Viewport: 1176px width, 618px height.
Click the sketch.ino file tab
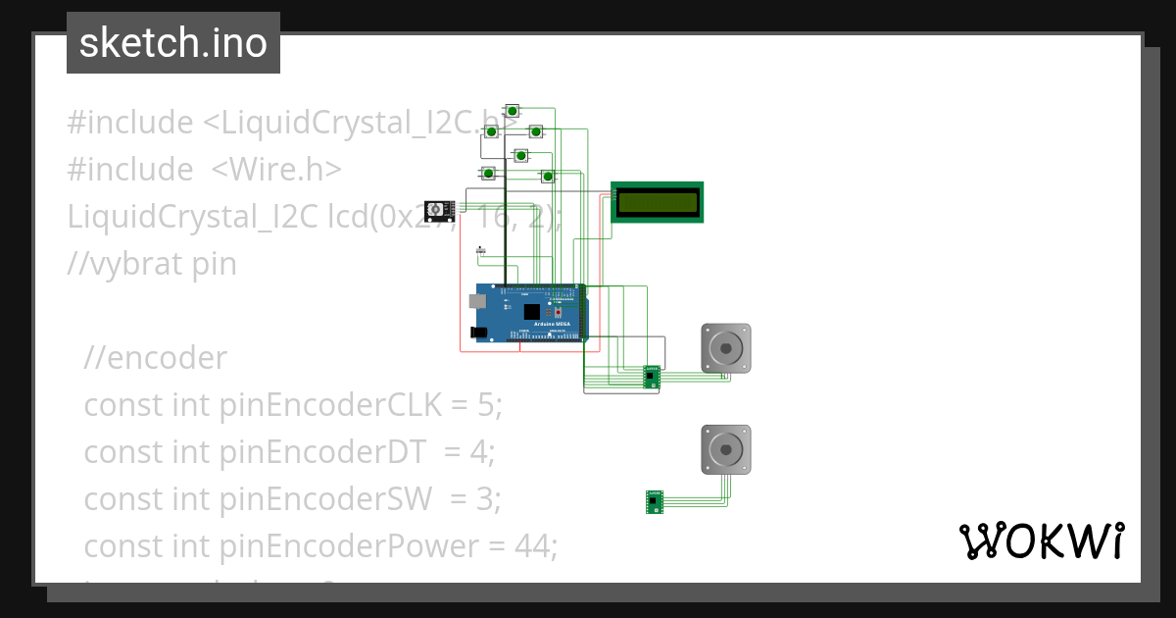(173, 43)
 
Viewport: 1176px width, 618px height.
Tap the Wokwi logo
(1040, 541)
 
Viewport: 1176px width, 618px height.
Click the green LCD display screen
(657, 202)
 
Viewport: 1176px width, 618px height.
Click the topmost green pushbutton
(512, 110)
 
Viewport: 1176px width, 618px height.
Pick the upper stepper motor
(726, 347)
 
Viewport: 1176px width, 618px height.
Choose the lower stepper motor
(726, 449)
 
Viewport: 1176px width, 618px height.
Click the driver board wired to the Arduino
(652, 376)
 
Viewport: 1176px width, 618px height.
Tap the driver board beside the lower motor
(655, 501)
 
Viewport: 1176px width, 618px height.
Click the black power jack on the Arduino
(479, 333)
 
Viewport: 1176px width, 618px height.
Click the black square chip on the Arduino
(532, 312)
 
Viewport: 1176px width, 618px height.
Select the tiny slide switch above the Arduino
(480, 251)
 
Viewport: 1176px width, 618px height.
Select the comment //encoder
(155, 358)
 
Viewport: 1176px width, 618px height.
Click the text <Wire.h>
(276, 170)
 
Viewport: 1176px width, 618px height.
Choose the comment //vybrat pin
(152, 264)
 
